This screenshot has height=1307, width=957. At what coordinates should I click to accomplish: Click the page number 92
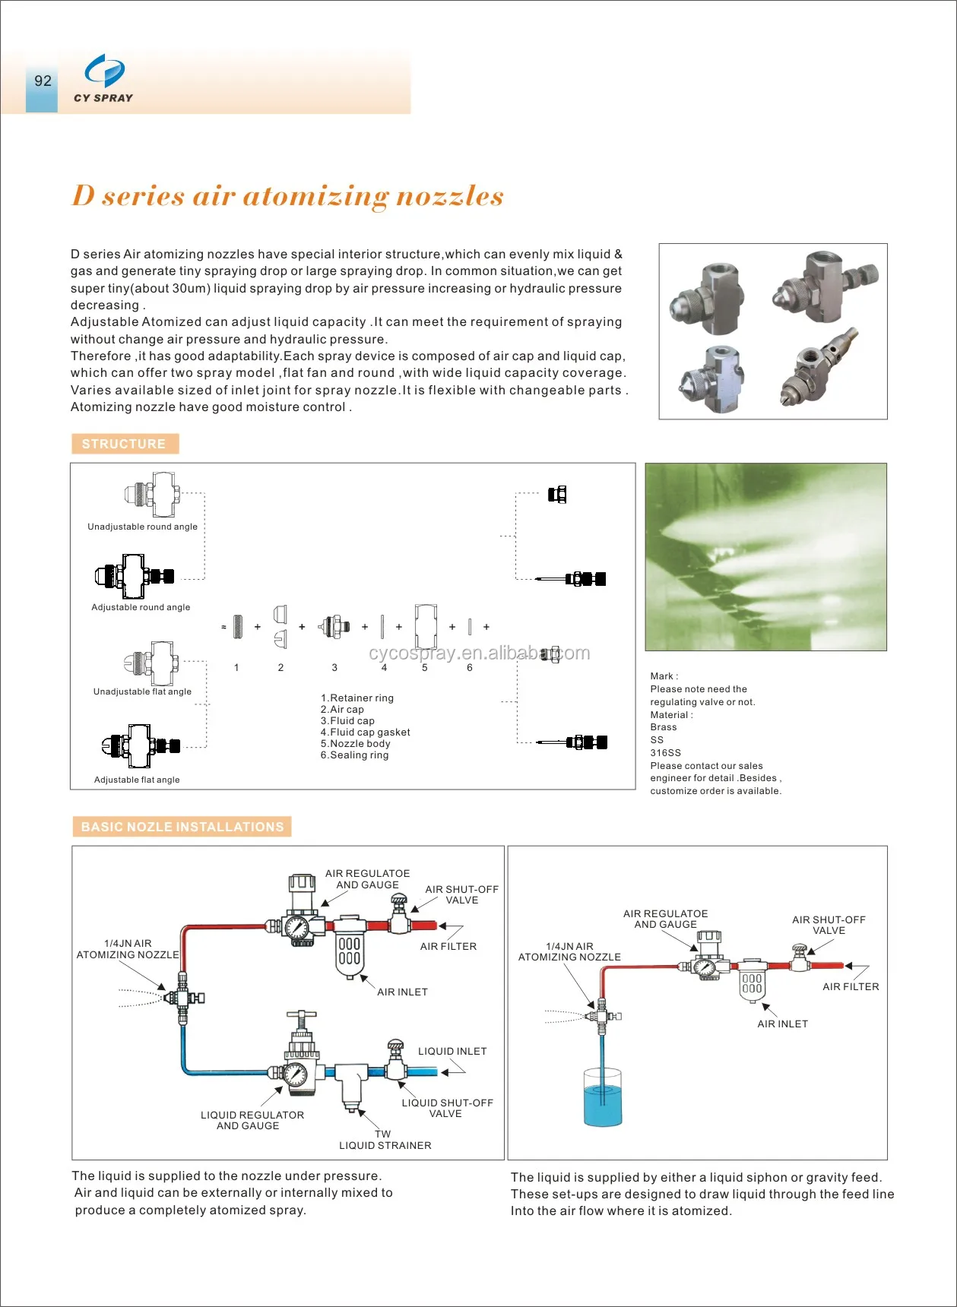tap(43, 81)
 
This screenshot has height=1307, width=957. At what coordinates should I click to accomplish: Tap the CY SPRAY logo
tap(103, 78)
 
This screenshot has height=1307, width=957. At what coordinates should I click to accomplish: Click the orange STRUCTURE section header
tap(124, 444)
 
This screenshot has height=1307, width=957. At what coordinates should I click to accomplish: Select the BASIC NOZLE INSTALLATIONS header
tap(182, 827)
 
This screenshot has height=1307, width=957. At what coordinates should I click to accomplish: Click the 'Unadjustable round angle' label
tap(142, 527)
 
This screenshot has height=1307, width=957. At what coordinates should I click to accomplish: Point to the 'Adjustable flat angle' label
tap(137, 780)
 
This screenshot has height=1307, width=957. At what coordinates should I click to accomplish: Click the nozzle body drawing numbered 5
tap(426, 626)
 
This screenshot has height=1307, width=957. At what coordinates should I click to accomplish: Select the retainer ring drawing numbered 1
tap(238, 627)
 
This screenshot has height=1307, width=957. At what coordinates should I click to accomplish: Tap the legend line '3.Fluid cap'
tap(347, 720)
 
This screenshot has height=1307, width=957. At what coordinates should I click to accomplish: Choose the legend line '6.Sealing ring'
tap(354, 755)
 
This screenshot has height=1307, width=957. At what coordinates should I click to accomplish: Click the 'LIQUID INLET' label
tap(452, 1051)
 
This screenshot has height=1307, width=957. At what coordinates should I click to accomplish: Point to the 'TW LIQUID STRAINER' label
tap(385, 1140)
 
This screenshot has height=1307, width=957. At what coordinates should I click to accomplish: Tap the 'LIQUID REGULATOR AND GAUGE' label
tap(252, 1120)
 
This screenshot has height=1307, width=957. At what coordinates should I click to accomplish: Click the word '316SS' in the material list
tap(665, 752)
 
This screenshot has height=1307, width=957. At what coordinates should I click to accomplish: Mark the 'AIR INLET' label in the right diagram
tap(782, 1024)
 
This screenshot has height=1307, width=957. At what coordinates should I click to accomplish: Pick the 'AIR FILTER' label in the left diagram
tap(448, 946)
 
